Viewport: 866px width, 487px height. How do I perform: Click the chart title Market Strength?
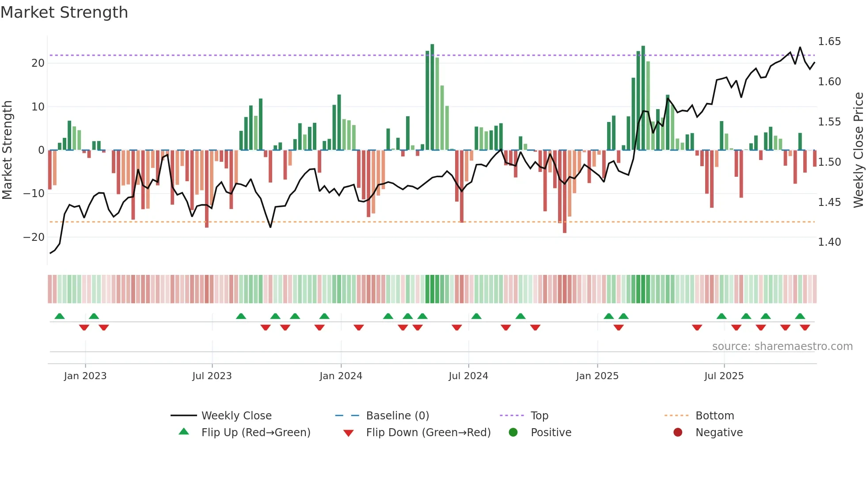coord(64,12)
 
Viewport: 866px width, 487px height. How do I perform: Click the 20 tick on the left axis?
coord(38,63)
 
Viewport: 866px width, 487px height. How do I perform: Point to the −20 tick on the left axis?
coord(34,237)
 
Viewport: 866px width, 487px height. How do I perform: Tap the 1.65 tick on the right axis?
coord(829,42)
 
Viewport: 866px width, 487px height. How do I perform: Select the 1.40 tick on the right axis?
coord(829,242)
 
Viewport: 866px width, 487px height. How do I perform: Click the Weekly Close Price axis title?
coord(858,150)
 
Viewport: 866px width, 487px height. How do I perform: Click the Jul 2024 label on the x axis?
coord(468,376)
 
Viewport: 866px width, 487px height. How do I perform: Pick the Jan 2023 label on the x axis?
coord(85,376)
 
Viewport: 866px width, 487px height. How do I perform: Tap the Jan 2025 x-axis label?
coord(597,376)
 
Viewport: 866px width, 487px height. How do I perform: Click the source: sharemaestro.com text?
coord(782,346)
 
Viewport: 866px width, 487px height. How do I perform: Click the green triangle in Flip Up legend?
coord(184,432)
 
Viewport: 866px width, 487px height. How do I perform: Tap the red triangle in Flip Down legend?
coord(348,433)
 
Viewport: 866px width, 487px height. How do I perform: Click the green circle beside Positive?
coord(513,433)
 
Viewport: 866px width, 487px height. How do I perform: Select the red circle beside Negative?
coord(678,433)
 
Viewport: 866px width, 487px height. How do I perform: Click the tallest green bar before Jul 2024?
coord(432,97)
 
